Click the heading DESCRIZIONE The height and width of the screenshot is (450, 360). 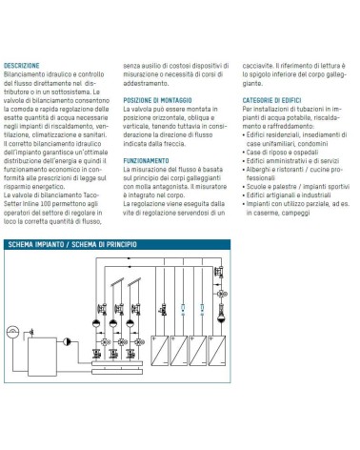pos(22,66)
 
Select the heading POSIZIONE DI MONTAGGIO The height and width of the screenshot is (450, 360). pos(157,100)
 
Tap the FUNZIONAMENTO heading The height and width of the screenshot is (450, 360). pos(146,161)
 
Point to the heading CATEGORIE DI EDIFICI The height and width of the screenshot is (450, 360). pos(271,100)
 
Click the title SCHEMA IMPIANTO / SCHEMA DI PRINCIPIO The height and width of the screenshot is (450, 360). pos(72,244)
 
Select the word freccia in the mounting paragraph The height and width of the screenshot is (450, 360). pos(174,144)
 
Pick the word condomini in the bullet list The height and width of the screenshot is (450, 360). pos(313,144)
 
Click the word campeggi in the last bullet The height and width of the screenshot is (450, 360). pos(295,213)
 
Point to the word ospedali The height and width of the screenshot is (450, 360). pos(306,153)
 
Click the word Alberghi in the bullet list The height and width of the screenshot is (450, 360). pos(258,170)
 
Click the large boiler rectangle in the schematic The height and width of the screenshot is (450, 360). pos(42,357)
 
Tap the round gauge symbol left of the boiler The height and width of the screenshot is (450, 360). pos(12,333)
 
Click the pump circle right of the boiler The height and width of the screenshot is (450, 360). pos(67,341)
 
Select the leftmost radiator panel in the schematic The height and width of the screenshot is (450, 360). pos(160,351)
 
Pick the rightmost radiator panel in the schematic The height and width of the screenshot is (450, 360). pos(217,351)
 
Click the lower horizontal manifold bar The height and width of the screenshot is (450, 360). pos(117,372)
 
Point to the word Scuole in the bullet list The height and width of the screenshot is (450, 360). pos(256,187)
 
